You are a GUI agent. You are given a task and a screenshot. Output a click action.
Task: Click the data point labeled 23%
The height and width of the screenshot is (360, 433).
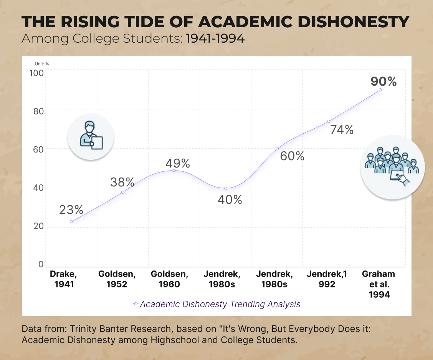click(71, 222)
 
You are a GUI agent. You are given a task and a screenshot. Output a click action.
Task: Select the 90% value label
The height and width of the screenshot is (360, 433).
click(383, 81)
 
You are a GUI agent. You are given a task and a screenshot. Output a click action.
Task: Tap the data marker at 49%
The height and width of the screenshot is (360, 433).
click(174, 170)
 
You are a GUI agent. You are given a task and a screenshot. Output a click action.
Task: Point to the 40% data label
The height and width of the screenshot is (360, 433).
click(230, 200)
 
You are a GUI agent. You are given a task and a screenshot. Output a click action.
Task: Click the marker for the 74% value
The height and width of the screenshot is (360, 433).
click(329, 121)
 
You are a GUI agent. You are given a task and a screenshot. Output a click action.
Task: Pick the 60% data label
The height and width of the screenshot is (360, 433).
click(292, 156)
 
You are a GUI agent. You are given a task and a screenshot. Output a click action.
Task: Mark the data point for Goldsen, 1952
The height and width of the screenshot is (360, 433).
click(123, 192)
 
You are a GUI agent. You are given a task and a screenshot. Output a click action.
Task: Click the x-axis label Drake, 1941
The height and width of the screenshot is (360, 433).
click(64, 279)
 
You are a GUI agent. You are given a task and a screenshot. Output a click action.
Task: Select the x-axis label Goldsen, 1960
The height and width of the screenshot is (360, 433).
click(169, 279)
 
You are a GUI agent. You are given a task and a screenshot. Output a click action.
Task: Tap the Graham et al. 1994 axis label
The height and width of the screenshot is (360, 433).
click(379, 284)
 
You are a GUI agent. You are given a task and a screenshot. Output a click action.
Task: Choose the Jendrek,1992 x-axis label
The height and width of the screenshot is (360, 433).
click(327, 279)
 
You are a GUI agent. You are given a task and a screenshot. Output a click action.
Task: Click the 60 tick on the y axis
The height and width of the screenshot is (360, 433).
click(38, 149)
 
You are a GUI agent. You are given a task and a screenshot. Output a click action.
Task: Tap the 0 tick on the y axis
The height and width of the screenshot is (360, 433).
click(41, 265)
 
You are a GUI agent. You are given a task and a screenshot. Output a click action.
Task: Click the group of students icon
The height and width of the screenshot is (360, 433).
click(392, 167)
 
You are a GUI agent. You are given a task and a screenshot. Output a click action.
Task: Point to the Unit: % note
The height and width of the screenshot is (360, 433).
click(42, 64)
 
